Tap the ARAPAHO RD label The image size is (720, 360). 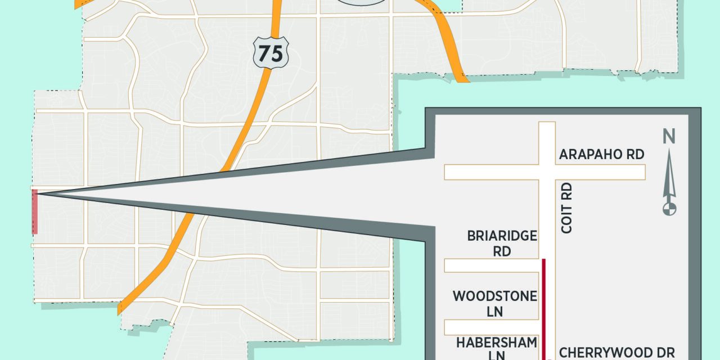(x=601, y=155)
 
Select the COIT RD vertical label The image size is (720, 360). (x=566, y=208)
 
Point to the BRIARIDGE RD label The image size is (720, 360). (x=502, y=243)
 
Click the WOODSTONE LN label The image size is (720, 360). (x=495, y=303)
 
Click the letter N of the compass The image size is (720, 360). (x=669, y=137)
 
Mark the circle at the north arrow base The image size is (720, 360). (x=669, y=209)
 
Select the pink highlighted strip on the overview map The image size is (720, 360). (x=35, y=211)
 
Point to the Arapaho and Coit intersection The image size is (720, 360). (x=547, y=172)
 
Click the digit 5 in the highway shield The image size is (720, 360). (x=277, y=54)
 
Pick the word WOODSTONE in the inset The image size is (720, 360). (x=495, y=296)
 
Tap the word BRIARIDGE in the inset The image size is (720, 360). (x=502, y=236)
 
